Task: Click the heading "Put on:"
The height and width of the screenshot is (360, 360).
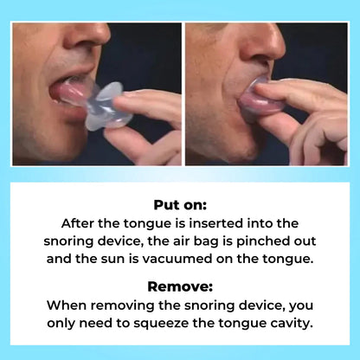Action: (180, 205)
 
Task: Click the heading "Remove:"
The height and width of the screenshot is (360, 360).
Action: (180, 286)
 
